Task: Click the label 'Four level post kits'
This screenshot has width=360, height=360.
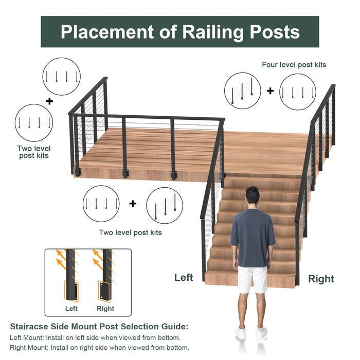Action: (294, 65)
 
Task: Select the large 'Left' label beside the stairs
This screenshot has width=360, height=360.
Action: (184, 278)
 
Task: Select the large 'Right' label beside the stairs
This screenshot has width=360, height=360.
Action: (321, 279)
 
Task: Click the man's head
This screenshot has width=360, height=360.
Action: (253, 196)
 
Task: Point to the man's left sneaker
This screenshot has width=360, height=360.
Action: (241, 333)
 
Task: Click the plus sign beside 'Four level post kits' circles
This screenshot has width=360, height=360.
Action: (270, 91)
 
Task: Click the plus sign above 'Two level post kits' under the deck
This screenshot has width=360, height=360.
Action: (133, 204)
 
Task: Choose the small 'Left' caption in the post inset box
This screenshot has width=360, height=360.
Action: (71, 309)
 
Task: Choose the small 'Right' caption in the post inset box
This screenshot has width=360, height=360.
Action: (105, 309)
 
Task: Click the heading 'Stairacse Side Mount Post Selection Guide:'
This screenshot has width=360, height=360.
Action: (99, 327)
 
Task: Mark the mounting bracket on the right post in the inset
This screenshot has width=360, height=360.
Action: (104, 290)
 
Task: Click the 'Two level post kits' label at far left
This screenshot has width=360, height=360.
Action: (34, 152)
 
